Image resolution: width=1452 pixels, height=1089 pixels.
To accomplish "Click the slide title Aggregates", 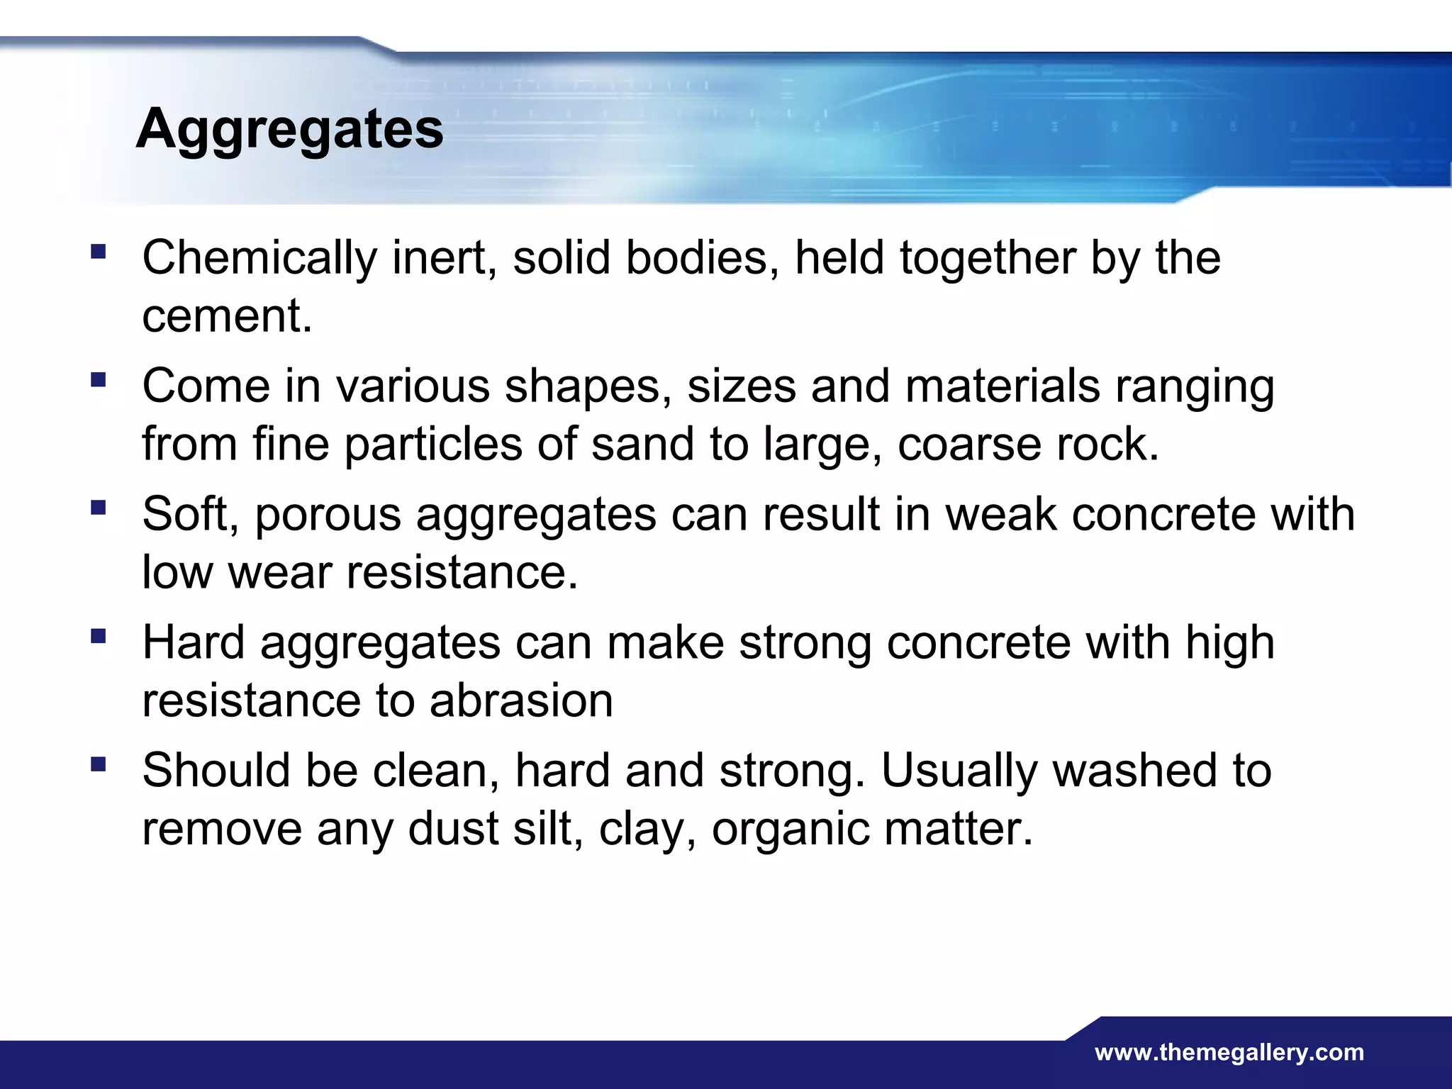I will (289, 130).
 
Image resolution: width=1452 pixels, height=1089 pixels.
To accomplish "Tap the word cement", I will (227, 316).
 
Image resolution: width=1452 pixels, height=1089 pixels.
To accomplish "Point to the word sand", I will (642, 445).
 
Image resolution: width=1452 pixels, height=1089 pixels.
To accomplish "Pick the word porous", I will (328, 515).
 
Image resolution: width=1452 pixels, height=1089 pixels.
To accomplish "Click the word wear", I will (279, 572).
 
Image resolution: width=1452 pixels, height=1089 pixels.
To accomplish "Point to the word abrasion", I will (520, 701).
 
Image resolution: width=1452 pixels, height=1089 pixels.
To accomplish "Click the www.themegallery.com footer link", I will (1229, 1053).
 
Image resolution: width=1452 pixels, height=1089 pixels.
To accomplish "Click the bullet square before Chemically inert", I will (99, 251).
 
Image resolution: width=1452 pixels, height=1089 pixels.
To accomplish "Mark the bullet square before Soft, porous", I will (99, 508).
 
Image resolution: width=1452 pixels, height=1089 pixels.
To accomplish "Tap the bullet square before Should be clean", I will (99, 764).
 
